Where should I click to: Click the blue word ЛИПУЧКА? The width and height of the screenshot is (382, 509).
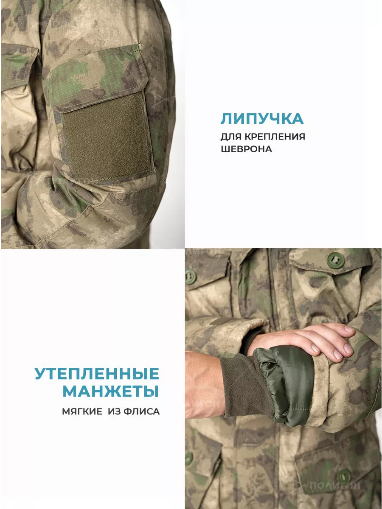pos(262,119)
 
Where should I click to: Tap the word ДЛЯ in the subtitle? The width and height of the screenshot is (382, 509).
pos(231,137)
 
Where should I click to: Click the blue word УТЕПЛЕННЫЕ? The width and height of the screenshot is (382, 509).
pos(97,373)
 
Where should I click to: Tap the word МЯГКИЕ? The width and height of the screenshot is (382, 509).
pos(82,411)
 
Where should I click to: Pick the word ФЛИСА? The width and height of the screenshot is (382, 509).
pos(141,411)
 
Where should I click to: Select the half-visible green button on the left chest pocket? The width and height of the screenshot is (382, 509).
pos(190,277)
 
